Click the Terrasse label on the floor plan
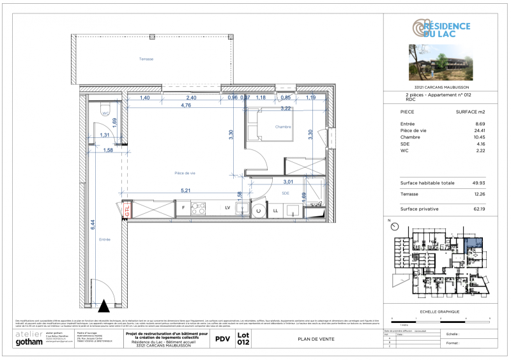147,59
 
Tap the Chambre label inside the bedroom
283,127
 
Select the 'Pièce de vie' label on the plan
185,173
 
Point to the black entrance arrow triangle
104,305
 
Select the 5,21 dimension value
186,190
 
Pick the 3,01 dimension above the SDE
289,181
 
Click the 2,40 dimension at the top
191,98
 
